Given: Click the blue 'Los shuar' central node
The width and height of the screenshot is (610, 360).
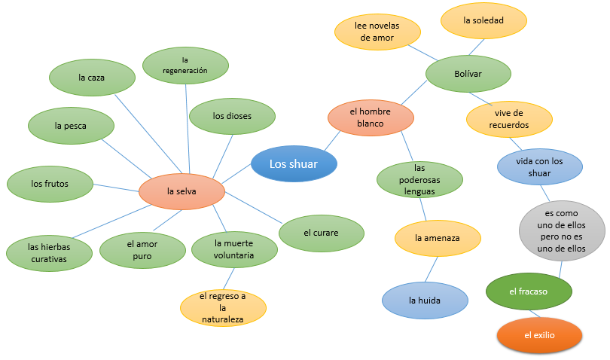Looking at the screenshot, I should (x=294, y=163).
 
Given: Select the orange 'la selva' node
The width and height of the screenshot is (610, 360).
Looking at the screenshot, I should (x=181, y=191).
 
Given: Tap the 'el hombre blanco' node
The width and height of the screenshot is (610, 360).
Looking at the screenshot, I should (x=371, y=117).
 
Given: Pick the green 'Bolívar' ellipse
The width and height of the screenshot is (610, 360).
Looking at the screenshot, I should (x=468, y=74).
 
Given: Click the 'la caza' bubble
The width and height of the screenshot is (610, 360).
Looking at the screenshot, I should (x=92, y=77).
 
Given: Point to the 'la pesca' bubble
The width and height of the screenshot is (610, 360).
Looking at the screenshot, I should (x=71, y=126).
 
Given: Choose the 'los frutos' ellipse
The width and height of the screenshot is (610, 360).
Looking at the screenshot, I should (x=50, y=183).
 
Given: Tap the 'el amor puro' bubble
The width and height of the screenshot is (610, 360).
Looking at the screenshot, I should (x=142, y=250).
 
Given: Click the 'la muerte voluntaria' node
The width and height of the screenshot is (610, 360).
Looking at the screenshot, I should (x=233, y=249).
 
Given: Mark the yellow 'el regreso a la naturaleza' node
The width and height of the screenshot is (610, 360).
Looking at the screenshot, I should (x=223, y=307).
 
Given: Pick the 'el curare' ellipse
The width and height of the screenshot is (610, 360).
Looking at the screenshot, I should (x=322, y=233).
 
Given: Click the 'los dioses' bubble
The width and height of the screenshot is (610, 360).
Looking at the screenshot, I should (x=232, y=116).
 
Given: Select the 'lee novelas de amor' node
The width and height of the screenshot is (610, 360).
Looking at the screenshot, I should (x=377, y=31).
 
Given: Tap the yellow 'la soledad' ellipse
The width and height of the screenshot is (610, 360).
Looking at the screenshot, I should (x=483, y=21).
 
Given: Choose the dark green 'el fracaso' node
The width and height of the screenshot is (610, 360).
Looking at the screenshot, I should (x=528, y=291).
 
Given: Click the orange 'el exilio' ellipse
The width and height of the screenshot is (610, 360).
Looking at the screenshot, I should (x=539, y=336).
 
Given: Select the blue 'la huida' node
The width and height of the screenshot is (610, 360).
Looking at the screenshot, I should (x=425, y=300).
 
